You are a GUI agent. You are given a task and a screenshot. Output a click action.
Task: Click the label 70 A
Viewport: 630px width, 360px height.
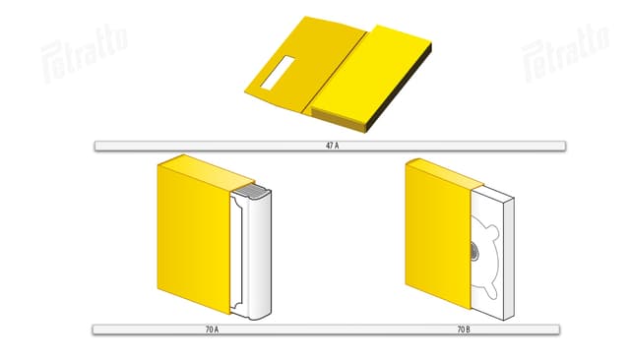(x=212, y=330)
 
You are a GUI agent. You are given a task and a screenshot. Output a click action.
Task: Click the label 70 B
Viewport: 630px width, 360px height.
(x=464, y=330)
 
